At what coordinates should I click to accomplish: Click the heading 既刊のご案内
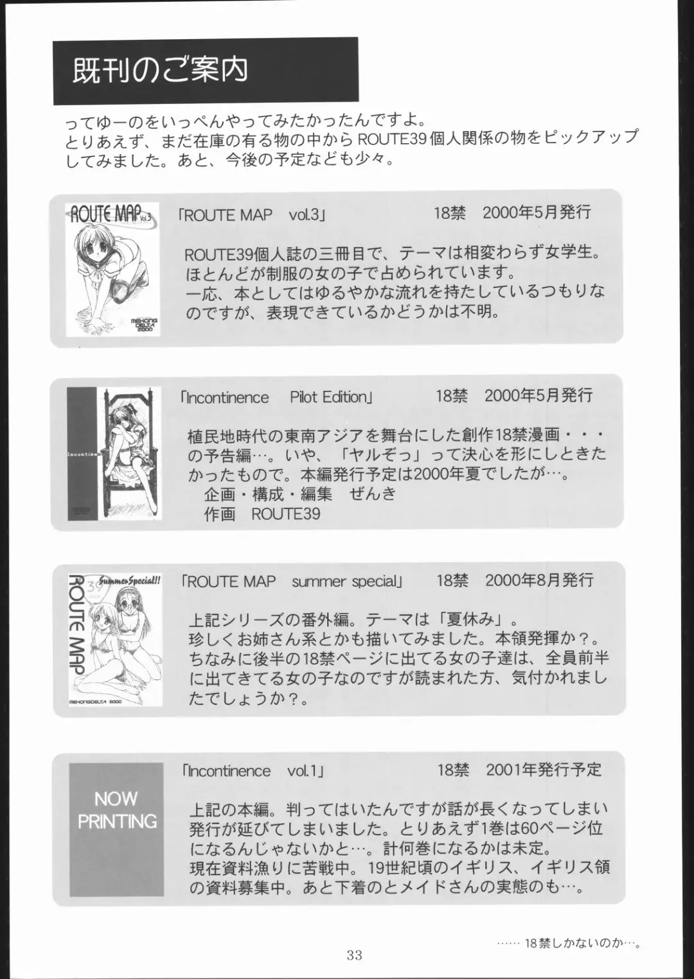click(160, 71)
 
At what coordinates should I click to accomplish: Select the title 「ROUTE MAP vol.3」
click(253, 215)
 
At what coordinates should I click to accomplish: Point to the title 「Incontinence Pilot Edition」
click(276, 397)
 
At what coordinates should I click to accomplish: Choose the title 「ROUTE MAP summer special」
click(292, 582)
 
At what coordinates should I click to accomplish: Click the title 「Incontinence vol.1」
click(254, 770)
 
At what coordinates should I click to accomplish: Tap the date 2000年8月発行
click(539, 580)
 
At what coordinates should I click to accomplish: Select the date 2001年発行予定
click(544, 769)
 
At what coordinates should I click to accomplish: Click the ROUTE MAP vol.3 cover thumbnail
click(112, 270)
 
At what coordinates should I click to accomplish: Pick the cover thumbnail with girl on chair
click(114, 454)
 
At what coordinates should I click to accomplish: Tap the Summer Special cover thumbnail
click(115, 640)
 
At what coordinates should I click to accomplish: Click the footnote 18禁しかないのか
click(569, 943)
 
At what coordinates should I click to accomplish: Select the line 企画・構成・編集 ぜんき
click(300, 494)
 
